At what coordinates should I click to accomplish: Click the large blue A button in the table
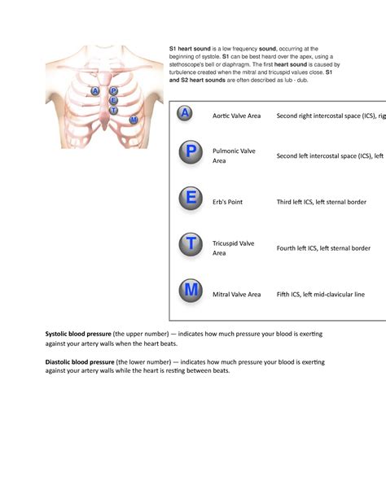tap(186, 116)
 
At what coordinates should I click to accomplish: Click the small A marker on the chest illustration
tap(96, 91)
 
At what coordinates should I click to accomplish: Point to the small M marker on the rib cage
tap(133, 120)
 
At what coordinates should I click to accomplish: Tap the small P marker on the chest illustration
tap(113, 91)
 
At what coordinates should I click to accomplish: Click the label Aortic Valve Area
tap(236, 116)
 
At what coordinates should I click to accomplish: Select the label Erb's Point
tap(228, 202)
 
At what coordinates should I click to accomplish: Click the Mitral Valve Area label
tap(236, 294)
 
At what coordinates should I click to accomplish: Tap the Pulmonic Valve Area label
tap(234, 155)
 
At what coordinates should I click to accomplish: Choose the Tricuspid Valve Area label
tap(234, 248)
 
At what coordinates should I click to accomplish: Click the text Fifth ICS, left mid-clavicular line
tap(321, 294)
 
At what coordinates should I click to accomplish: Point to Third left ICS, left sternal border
tap(321, 202)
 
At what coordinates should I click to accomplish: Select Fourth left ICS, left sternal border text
tap(323, 248)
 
